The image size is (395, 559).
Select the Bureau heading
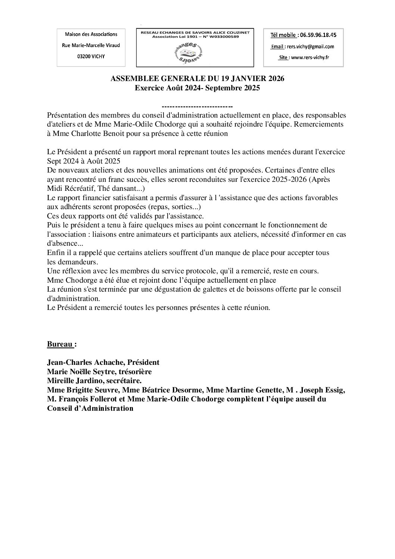pyautogui.click(x=60, y=344)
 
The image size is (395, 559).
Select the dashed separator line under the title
pyautogui.click(x=197, y=106)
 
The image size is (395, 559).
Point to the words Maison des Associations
pyautogui.click(x=91, y=34)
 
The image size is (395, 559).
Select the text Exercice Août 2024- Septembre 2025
pyautogui.click(x=197, y=88)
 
